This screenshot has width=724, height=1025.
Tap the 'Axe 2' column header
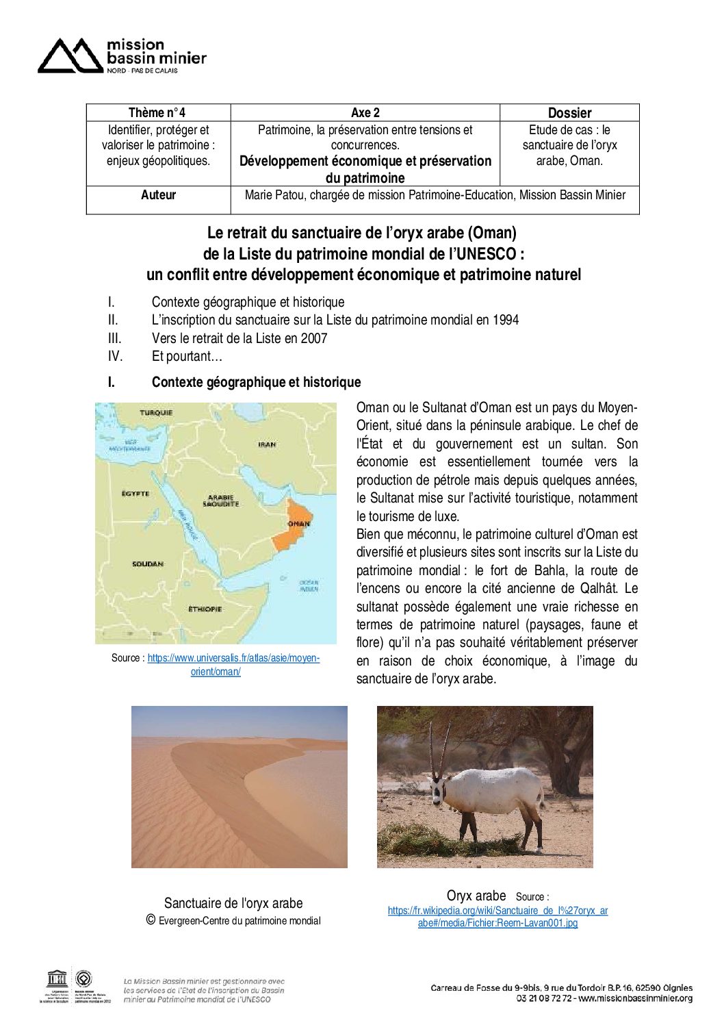(365, 113)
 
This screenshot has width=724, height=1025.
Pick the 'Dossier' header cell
(569, 113)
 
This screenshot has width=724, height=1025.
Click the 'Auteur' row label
(158, 195)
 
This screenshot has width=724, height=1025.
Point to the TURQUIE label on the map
(156, 413)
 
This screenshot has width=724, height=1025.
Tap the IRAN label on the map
(267, 444)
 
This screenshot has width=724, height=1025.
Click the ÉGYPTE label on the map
(135, 493)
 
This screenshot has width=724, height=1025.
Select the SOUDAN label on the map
(147, 564)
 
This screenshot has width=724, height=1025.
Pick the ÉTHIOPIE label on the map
(205, 609)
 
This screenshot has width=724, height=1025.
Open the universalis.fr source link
(233, 658)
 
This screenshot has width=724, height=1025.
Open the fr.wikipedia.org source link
(497, 911)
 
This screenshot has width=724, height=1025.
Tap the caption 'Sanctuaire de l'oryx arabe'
(233, 903)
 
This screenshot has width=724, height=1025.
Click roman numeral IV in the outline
(115, 356)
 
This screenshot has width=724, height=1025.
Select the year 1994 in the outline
(505, 320)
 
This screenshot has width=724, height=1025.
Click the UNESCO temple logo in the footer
(56, 978)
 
